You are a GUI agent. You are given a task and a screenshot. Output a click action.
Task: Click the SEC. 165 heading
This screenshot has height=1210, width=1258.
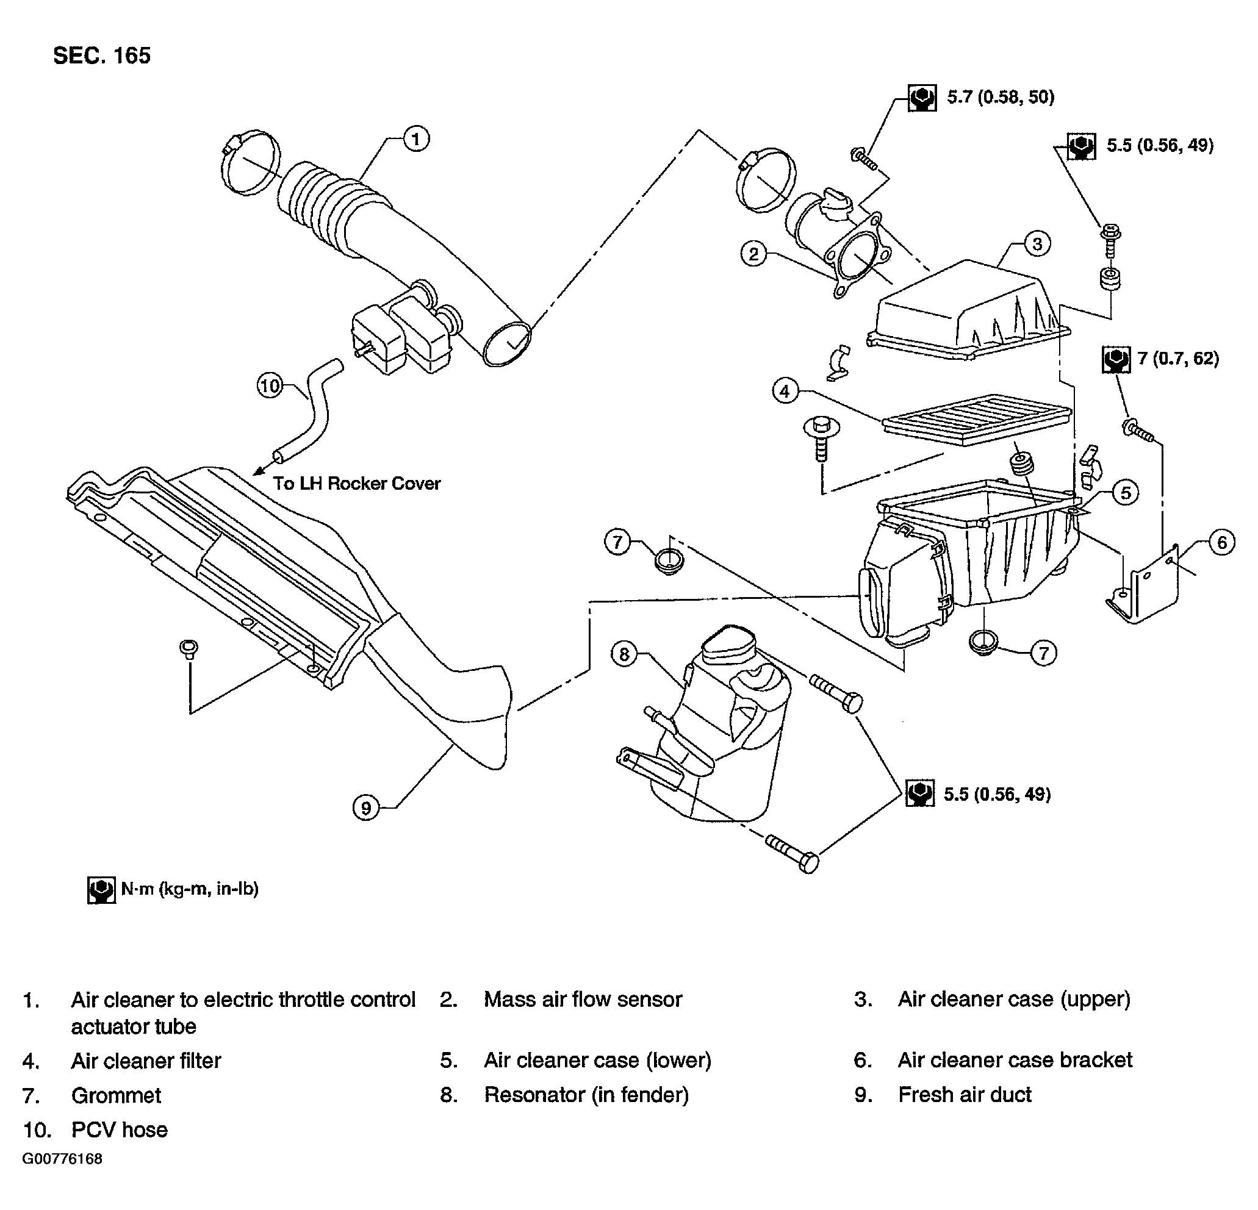coord(102,56)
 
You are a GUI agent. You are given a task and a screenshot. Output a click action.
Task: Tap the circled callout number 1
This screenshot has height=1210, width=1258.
coord(416,138)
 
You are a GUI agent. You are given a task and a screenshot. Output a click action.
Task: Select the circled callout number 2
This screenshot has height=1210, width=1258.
coord(753,254)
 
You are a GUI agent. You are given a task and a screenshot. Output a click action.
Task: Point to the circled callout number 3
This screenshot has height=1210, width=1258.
coord(1037,244)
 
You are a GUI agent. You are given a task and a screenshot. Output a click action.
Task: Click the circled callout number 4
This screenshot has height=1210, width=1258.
coord(785,391)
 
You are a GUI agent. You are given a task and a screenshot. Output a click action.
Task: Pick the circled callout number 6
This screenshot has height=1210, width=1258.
coord(1221,543)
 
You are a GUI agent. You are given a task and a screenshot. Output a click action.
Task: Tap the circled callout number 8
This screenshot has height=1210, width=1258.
coord(625,655)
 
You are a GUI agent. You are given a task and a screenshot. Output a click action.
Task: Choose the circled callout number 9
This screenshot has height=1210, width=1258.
coord(367,807)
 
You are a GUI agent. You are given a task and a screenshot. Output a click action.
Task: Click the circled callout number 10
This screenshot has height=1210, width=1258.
coord(270,386)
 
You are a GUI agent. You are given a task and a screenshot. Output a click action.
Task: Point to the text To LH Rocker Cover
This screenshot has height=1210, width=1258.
coord(357,483)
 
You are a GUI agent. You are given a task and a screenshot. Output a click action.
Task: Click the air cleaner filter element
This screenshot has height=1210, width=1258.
coord(977,419)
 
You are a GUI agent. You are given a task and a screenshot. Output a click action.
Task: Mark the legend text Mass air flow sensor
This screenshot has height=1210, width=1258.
coord(583,1000)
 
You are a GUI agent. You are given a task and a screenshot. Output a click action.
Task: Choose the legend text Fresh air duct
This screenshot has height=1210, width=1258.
coord(965,1095)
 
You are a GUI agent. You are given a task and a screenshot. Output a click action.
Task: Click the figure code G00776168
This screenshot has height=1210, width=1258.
coord(62,1159)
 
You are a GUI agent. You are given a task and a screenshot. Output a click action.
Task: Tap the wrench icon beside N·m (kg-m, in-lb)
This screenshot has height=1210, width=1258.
coord(101,890)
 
